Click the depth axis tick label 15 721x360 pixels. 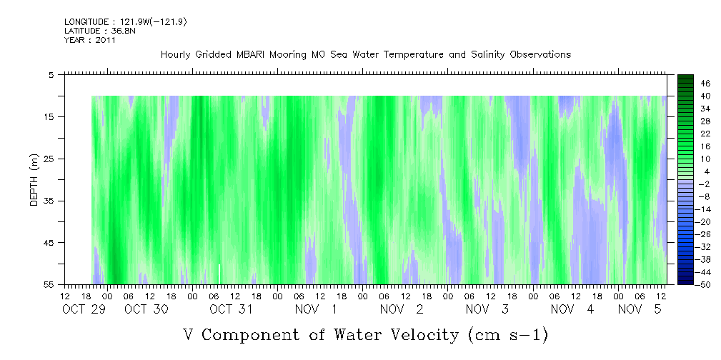53,116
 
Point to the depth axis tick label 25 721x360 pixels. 53,159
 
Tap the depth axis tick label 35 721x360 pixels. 53,201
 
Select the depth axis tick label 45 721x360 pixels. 53,243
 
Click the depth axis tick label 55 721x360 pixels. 53,285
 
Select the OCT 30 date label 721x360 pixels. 146,309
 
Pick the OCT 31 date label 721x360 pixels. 232,309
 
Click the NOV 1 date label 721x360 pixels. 317,309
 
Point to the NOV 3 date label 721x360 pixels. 487,309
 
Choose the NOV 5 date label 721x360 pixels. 640,309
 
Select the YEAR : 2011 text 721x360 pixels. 90,40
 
